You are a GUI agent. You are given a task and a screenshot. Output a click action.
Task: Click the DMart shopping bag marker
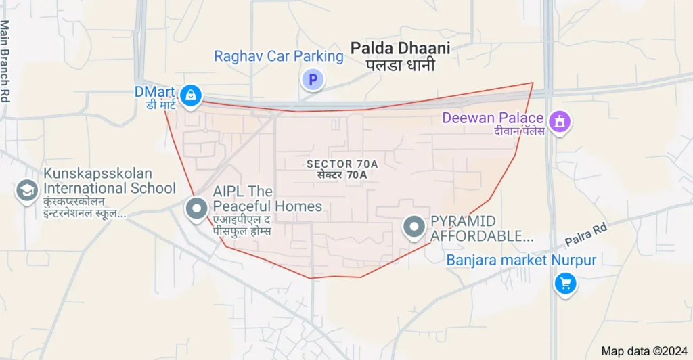coord(192,95)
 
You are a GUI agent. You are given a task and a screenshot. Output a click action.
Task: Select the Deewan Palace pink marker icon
coord(560,122)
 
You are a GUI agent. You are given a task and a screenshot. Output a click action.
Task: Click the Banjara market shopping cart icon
coord(565,284)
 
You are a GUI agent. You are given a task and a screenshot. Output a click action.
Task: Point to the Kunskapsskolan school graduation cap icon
coord(27,190)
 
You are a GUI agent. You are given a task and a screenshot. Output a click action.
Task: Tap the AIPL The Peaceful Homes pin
coord(197,208)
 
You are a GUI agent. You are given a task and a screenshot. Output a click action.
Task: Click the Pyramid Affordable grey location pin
coord(413,227)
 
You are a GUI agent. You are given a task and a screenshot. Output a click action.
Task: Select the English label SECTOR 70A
coord(342,164)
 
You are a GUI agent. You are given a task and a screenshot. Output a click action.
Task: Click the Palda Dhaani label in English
coord(400,48)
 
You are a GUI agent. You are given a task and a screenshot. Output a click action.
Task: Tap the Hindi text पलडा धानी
coord(400,66)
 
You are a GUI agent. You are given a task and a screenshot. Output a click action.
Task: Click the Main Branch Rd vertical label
coord(5,61)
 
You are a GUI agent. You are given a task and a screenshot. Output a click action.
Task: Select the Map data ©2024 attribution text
coord(643,351)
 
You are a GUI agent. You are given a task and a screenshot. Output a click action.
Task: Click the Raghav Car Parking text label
coord(279,56)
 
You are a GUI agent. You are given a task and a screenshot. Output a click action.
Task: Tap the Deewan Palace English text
coord(493,118)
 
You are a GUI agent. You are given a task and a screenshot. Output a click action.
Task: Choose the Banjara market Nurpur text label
coord(521,261)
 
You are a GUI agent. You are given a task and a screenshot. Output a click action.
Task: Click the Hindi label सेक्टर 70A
coord(342,175)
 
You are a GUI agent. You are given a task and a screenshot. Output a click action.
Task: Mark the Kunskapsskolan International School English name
coord(110,181)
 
